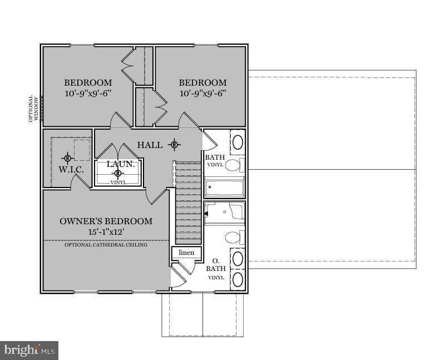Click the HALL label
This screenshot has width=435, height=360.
tap(150, 145)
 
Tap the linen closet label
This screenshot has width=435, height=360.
tap(186, 253)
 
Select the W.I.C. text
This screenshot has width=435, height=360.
tap(71, 170)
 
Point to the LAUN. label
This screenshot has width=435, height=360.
tap(121, 164)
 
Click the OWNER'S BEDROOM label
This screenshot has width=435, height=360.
tap(106, 221)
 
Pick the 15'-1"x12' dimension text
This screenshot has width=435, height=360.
tap(106, 232)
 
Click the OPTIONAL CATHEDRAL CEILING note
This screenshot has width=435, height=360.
tap(106, 245)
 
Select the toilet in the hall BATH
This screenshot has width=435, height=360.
tap(235, 165)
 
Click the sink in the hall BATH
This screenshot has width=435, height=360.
tap(238, 142)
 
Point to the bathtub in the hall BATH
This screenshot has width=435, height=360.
tap(224, 188)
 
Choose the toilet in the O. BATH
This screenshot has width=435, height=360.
tap(235, 238)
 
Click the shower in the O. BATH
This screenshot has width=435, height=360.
tap(224, 213)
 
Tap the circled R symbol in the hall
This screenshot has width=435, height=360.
tap(174, 145)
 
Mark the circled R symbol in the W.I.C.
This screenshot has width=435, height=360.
tap(67, 158)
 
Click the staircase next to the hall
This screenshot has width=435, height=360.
tap(189, 203)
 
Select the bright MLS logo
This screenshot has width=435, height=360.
tap(29, 351)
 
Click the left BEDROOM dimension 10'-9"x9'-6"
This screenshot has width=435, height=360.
tap(88, 93)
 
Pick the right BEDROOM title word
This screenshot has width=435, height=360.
tap(202, 83)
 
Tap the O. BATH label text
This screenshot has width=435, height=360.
tap(216, 265)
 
